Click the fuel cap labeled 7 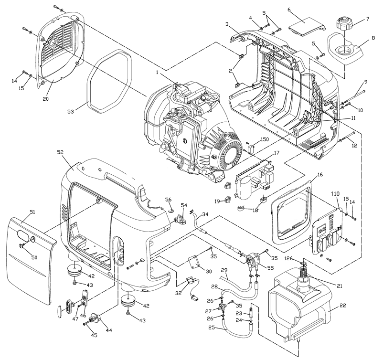pyautogui.click(x=343, y=24)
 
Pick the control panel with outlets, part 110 pyautogui.click(x=330, y=229)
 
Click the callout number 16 pyautogui.click(x=319, y=175)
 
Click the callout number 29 pyautogui.click(x=223, y=271)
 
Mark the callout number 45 pyautogui.click(x=94, y=335)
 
